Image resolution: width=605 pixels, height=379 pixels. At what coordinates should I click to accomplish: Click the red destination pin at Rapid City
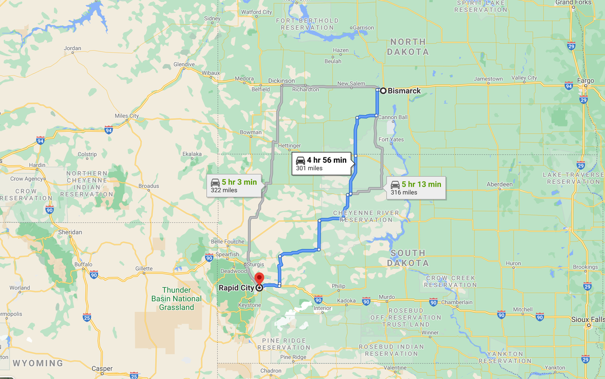259,279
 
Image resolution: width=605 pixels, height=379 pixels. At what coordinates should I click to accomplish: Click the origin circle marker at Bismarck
383,91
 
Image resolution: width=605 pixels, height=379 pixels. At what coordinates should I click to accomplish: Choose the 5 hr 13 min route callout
416,188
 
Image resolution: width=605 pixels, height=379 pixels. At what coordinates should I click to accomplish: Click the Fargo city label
585,81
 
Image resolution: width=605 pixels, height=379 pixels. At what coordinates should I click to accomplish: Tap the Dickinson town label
281,81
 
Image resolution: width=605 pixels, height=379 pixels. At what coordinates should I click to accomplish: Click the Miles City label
127,116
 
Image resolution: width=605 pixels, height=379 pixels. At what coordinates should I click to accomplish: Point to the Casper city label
102,368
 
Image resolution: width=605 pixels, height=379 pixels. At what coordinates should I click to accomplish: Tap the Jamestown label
488,79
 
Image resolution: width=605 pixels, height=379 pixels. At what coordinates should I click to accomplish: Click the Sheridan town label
70,232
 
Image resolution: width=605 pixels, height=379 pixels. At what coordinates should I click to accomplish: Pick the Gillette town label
143,269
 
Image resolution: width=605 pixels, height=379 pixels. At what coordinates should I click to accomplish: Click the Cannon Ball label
393,117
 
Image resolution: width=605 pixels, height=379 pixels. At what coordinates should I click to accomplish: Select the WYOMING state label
38,363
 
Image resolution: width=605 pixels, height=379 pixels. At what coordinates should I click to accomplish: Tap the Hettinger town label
290,146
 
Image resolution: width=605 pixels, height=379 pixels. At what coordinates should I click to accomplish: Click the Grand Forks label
573,3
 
